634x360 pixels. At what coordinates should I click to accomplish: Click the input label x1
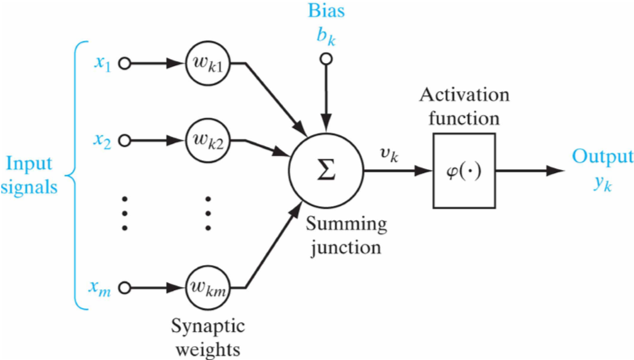click(x=103, y=64)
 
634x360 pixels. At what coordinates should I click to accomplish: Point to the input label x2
click(x=102, y=141)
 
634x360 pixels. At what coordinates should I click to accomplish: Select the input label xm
click(x=99, y=288)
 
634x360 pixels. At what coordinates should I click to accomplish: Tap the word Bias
click(x=326, y=10)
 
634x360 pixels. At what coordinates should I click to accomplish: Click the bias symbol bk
click(x=326, y=36)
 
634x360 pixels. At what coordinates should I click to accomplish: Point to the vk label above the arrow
click(x=389, y=156)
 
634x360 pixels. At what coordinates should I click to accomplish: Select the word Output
click(x=603, y=156)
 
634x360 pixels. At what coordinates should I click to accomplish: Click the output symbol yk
click(x=603, y=183)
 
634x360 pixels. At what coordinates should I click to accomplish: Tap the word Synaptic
click(x=208, y=326)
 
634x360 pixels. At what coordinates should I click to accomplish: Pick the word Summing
click(x=346, y=224)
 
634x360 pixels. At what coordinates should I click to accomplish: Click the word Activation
click(x=464, y=95)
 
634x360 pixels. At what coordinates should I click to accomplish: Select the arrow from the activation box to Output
click(x=529, y=171)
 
